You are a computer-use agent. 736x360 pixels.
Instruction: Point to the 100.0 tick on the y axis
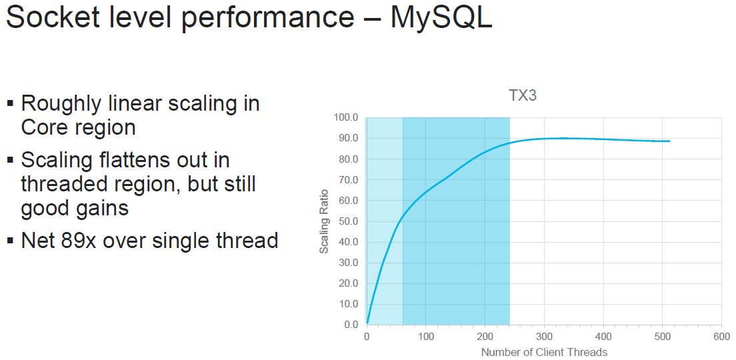tap(345, 117)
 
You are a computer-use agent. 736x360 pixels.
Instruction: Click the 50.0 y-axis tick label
tap(347, 221)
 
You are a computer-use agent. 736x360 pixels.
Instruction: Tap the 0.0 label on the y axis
tap(350, 325)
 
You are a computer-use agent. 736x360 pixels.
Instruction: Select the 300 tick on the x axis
tap(544, 337)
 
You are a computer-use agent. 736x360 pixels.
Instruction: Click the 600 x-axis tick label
tap(721, 337)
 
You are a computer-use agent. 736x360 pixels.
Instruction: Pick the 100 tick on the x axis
tap(426, 337)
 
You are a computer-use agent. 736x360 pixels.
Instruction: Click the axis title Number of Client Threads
tap(544, 352)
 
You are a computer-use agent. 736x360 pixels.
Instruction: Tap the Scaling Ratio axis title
tap(324, 221)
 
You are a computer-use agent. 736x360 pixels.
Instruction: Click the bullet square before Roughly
tap(10, 103)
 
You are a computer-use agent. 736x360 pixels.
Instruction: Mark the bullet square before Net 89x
tap(10, 241)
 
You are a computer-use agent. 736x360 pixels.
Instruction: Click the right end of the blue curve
tap(669, 141)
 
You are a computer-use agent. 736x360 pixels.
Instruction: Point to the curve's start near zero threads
tap(367, 323)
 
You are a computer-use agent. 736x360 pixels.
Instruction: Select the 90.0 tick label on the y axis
tap(347, 138)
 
